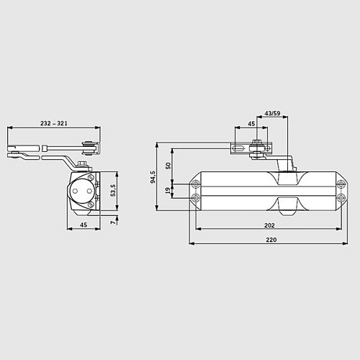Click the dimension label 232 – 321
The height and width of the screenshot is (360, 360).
54,124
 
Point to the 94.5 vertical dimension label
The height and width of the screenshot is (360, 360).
153,176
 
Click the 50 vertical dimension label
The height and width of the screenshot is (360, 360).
168,166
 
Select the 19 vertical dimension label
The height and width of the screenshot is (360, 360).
168,190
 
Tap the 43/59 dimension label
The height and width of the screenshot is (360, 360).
273,112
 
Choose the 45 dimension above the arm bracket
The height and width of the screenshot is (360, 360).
252,124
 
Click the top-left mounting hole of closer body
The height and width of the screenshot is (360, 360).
195,184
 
